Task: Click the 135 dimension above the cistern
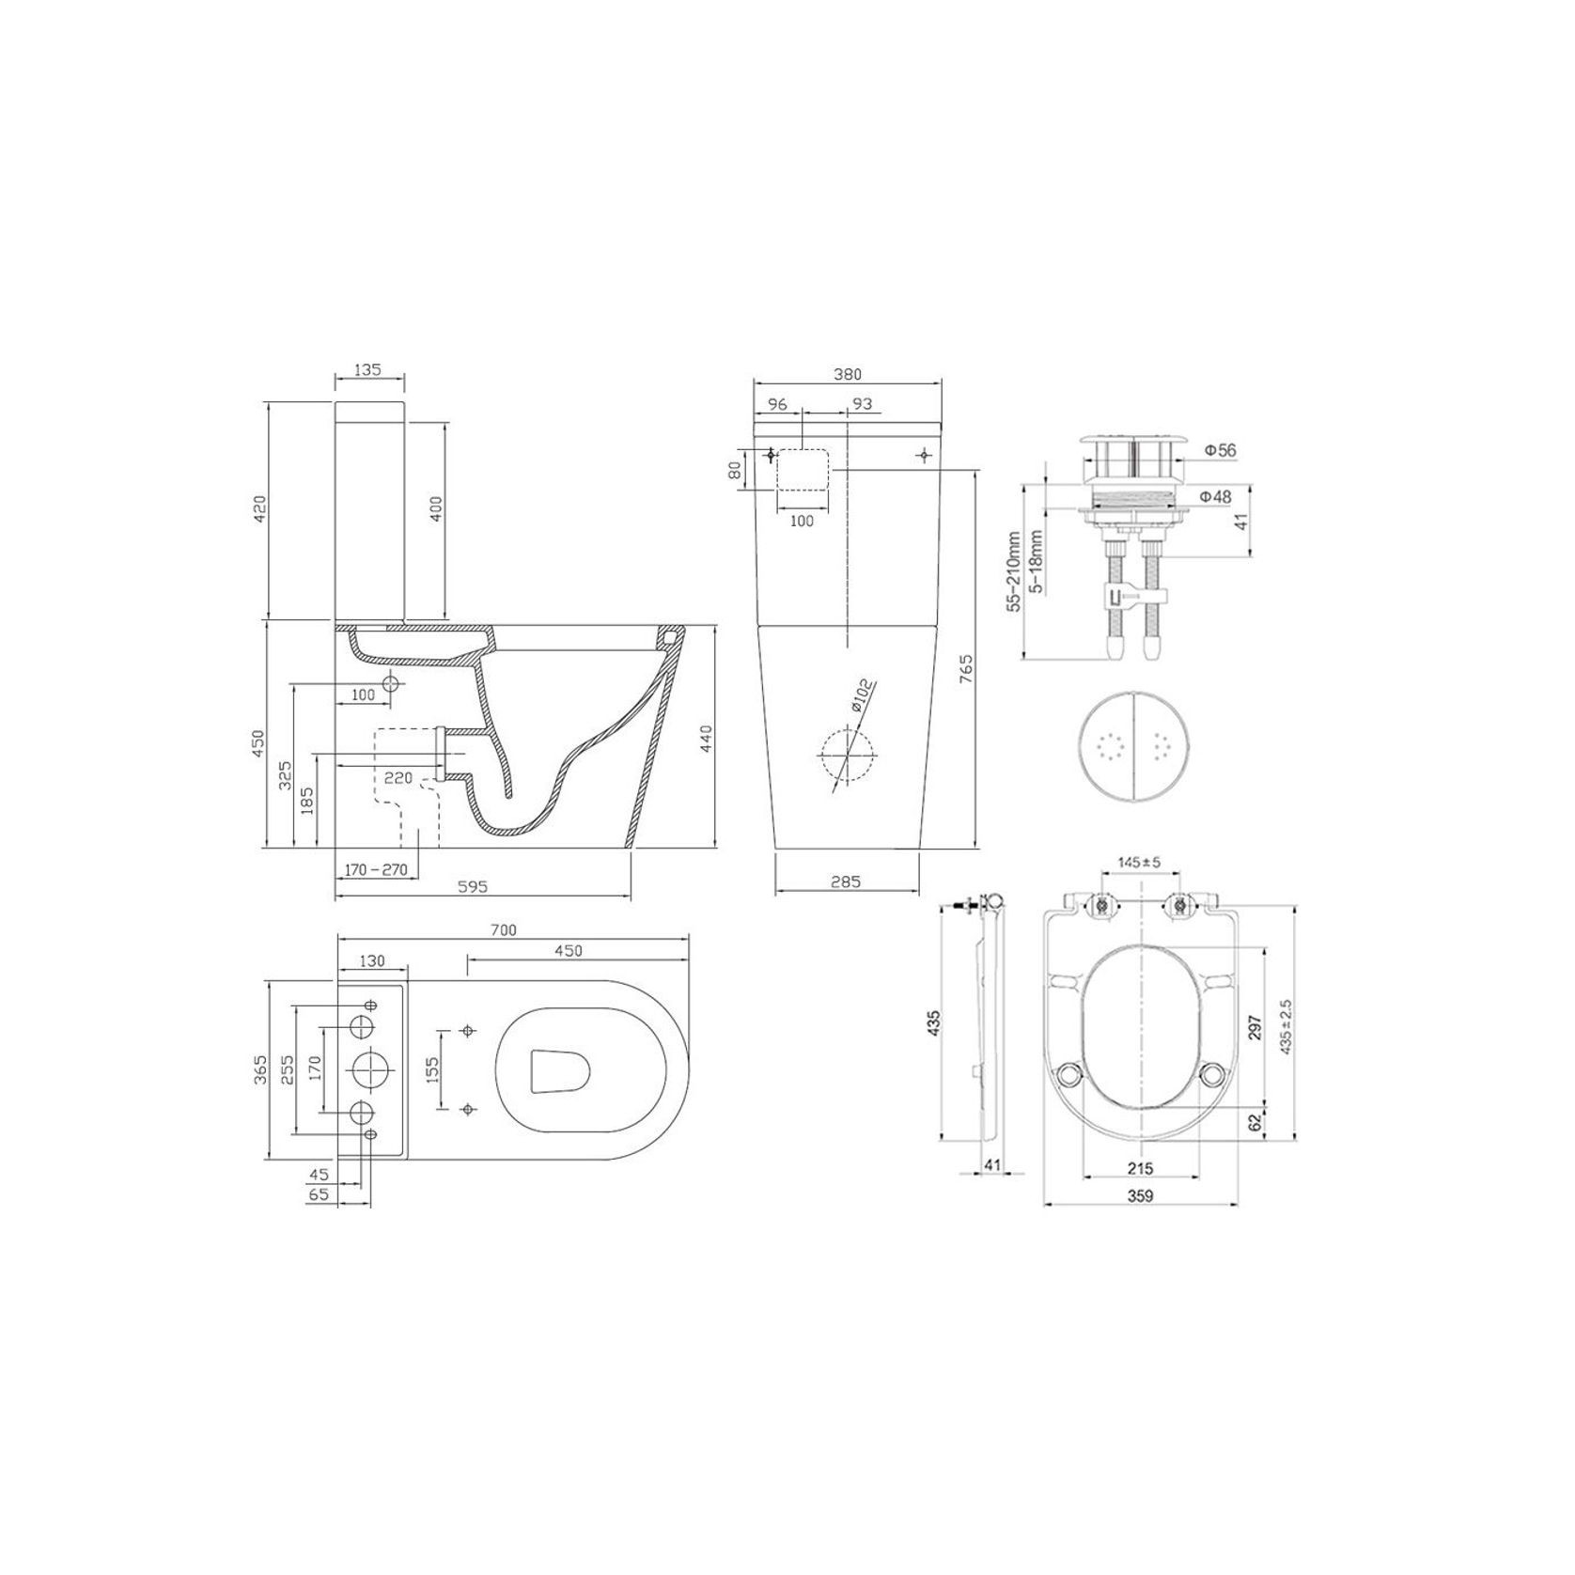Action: click(369, 370)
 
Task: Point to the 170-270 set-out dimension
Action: click(377, 869)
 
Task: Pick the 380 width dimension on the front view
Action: click(848, 374)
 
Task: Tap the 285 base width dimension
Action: click(847, 881)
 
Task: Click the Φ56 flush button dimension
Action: click(1221, 450)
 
